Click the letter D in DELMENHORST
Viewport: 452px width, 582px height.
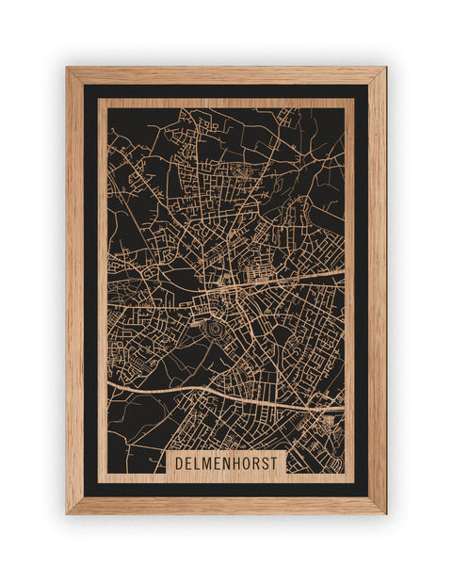click(x=181, y=463)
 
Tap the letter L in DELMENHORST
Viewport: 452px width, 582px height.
click(x=200, y=463)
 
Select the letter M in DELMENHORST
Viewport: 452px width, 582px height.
click(x=210, y=463)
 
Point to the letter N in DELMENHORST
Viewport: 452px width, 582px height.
click(x=231, y=463)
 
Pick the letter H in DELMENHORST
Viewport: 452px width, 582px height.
click(x=241, y=463)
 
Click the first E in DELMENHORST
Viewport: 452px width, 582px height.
click(x=190, y=463)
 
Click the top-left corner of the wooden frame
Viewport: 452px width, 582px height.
click(x=67, y=68)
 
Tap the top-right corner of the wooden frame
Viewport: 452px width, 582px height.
click(x=385, y=68)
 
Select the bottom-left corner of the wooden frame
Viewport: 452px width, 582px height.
click(x=67, y=513)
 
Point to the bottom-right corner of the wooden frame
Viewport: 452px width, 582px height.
click(x=385, y=513)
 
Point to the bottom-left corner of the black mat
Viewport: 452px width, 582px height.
click(x=84, y=496)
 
